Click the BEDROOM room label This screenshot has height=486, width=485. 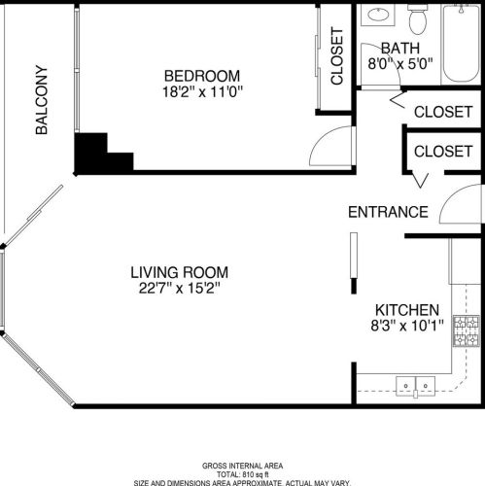(x=201, y=76)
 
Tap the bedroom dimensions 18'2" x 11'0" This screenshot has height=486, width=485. (x=201, y=92)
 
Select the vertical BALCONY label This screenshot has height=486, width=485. (x=42, y=99)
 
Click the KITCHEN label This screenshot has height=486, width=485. (x=405, y=308)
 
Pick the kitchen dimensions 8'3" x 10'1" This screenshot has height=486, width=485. (x=408, y=326)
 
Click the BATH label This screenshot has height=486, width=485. (x=399, y=48)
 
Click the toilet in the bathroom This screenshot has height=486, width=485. (x=418, y=19)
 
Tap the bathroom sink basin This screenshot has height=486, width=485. (x=377, y=17)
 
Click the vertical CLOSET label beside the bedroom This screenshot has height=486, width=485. (x=338, y=58)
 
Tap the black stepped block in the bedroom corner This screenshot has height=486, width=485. (x=97, y=155)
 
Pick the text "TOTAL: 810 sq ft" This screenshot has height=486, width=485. (x=243, y=473)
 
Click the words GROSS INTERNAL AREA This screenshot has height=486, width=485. (x=243, y=465)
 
